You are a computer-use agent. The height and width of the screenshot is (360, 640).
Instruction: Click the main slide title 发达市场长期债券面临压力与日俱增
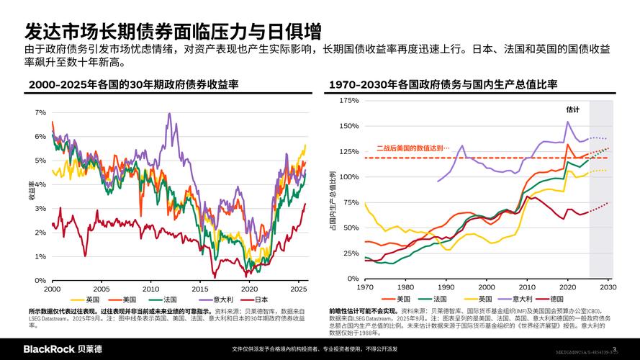[x=173, y=32]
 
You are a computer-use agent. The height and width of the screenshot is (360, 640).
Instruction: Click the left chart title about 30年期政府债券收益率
[x=133, y=85]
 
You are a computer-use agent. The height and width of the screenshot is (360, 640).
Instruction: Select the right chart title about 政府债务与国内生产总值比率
[x=443, y=85]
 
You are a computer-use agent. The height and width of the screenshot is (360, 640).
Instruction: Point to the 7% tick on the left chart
[x=40, y=113]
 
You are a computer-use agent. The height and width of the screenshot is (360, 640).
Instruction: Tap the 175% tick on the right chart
[x=348, y=101]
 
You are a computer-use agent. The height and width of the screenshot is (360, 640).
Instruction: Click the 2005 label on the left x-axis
[x=102, y=288]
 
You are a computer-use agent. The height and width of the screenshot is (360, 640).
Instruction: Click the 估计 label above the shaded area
[x=572, y=109]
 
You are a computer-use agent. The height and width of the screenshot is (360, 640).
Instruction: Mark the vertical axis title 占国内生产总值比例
[x=332, y=202]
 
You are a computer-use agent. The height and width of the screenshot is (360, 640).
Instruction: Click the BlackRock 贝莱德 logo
[x=63, y=349]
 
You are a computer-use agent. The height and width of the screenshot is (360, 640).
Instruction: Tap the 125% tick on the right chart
[x=348, y=151]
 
